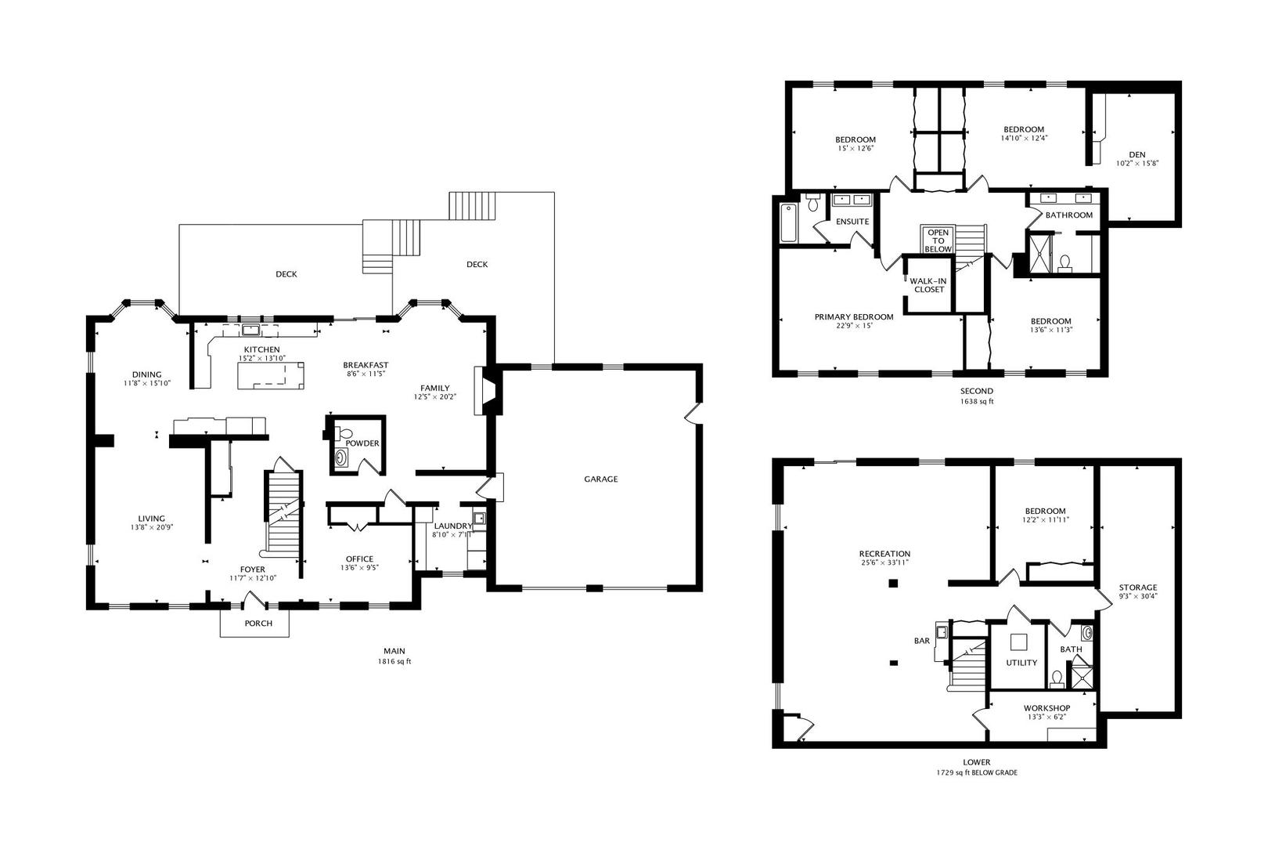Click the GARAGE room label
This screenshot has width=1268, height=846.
[600, 479]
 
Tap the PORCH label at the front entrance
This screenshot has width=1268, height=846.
[258, 624]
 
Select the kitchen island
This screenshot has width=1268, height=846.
[271, 376]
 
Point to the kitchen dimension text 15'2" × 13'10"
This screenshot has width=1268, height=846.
[262, 358]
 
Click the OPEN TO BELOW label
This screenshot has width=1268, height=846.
[938, 240]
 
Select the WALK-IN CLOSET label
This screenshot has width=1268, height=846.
[928, 285]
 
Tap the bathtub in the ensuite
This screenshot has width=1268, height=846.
[788, 222]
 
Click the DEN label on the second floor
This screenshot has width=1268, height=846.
[1137, 154]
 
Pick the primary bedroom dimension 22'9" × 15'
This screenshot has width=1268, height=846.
[854, 326]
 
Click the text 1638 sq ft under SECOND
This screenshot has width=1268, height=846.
[977, 402]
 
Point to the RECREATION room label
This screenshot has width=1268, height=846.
[884, 554]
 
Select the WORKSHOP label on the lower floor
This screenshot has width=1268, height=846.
[1046, 708]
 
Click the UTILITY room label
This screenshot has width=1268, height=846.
[1021, 663]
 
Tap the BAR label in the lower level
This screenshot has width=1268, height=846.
[921, 641]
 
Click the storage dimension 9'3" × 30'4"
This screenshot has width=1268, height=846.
[1138, 596]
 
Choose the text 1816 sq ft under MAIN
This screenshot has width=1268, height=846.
[394, 661]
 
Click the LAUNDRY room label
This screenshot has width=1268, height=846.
[453, 526]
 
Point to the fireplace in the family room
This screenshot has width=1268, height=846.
[488, 391]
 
